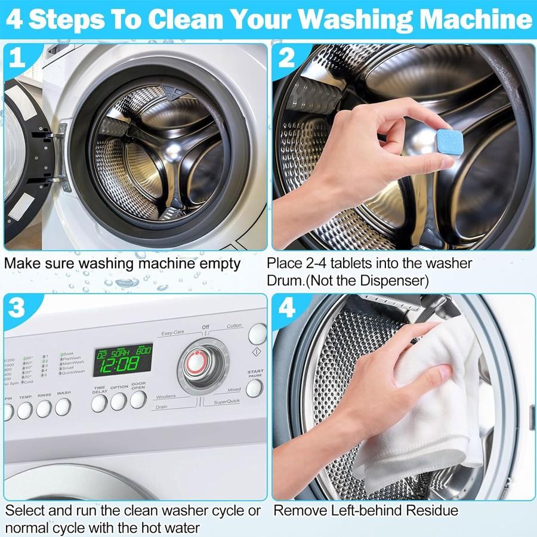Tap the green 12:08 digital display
(x=123, y=360)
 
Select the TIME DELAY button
(x=99, y=403)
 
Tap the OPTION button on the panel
(x=119, y=402)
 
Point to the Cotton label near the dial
(x=234, y=326)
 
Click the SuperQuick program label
(x=226, y=402)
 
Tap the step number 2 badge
(x=286, y=58)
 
